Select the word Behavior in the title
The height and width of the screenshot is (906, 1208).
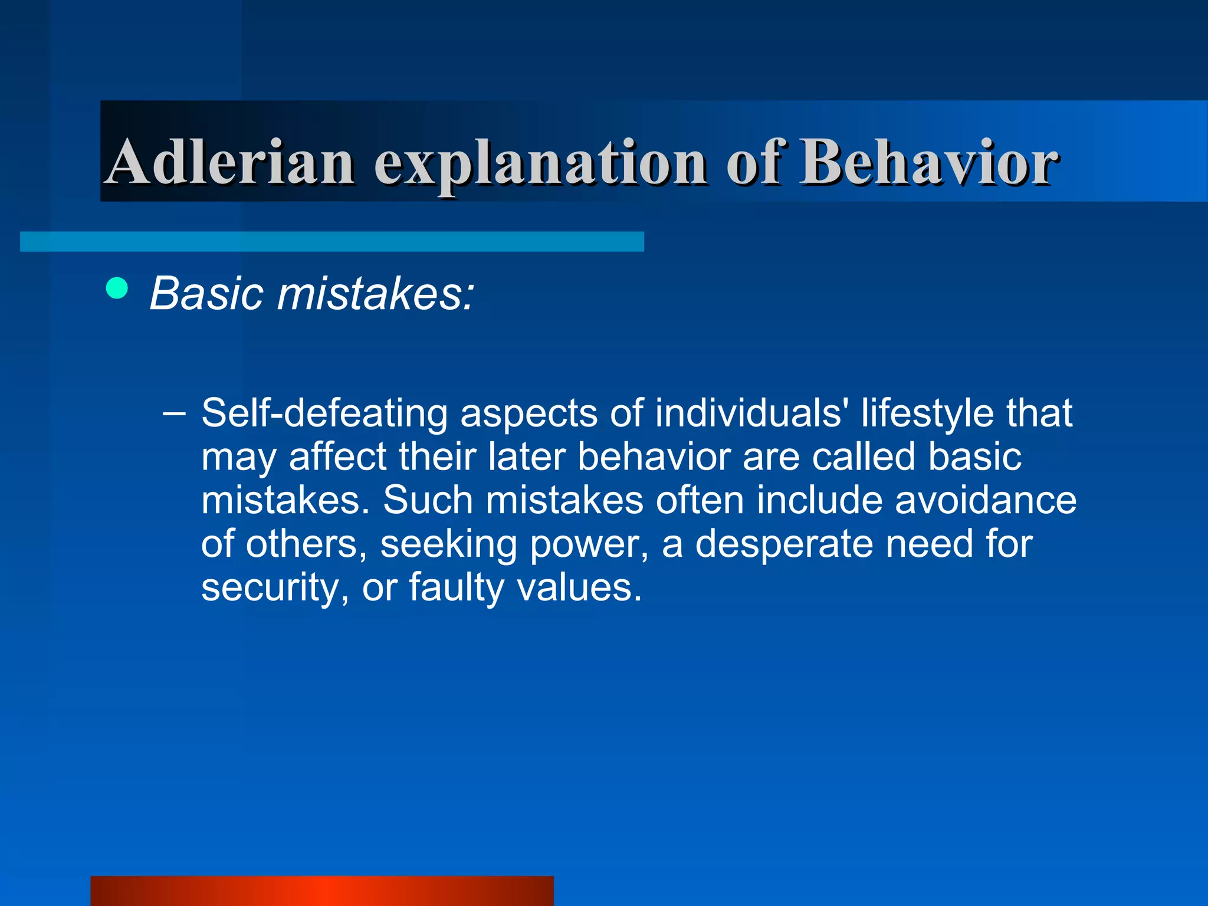[x=928, y=162]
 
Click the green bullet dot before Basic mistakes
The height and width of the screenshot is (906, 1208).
[x=117, y=288]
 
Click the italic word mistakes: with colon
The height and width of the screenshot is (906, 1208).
[x=375, y=293]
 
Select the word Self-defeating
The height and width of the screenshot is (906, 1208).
[x=324, y=413]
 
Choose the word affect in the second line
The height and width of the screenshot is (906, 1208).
[x=337, y=457]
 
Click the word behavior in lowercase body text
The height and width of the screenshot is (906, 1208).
[x=654, y=457]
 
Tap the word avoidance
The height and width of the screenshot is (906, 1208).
[x=985, y=500]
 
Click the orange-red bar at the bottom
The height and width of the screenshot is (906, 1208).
[x=322, y=891]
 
